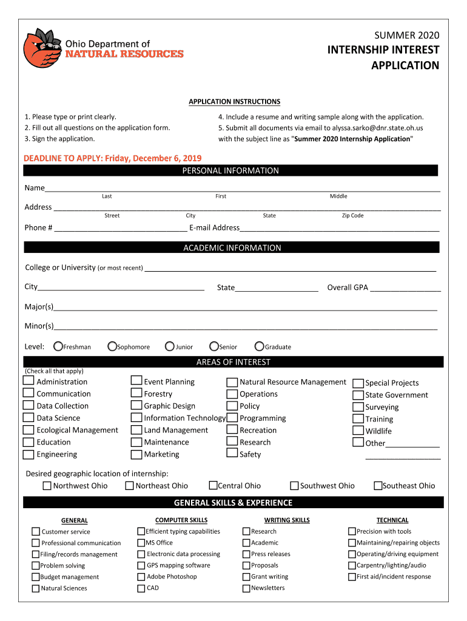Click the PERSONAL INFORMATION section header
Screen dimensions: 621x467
tap(230, 171)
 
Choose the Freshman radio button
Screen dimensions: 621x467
tap(58, 347)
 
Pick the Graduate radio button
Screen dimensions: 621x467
tap(260, 347)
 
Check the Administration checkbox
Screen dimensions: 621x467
tap(29, 381)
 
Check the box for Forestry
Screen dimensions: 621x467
tap(136, 393)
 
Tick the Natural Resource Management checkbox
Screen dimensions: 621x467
tap(232, 382)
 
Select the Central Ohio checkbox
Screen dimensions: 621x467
tap(213, 485)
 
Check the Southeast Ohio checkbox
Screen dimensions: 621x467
tap(378, 485)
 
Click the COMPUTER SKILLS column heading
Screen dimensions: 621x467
tap(181, 520)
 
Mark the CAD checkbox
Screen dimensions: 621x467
tap(141, 588)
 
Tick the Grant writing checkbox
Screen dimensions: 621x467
tap(247, 577)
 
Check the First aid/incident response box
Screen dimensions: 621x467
tap(352, 577)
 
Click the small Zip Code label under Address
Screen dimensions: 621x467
tap(352, 216)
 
